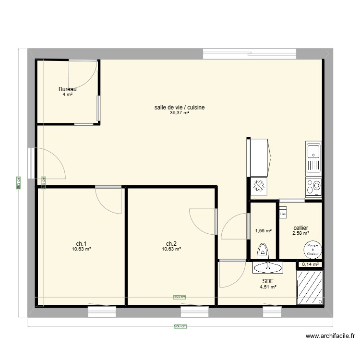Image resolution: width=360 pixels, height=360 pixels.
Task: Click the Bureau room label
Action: (x=67, y=89)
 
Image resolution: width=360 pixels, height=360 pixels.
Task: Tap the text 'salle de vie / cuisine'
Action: (x=180, y=108)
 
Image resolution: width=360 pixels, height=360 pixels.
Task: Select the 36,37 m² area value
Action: (x=180, y=113)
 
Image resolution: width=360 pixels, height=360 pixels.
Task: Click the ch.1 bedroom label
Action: (x=82, y=243)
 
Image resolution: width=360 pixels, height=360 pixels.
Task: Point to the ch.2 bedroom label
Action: (x=171, y=243)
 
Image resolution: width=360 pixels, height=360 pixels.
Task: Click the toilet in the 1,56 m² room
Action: (x=263, y=251)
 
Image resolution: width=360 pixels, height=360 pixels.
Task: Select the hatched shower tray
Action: (x=310, y=287)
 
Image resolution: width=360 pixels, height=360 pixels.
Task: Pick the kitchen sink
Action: (x=313, y=158)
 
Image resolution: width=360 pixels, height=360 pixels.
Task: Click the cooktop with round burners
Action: (x=313, y=186)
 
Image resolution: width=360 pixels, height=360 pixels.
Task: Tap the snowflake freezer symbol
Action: (x=259, y=186)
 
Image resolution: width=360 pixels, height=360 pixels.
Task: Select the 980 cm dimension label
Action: (x=180, y=326)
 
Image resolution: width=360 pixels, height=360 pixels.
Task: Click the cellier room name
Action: (x=300, y=228)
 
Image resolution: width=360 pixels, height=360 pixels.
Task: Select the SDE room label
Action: (x=268, y=282)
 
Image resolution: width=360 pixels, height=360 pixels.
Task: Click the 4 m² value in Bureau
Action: (x=67, y=95)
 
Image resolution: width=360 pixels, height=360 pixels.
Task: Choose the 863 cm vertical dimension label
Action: (x=19, y=182)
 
